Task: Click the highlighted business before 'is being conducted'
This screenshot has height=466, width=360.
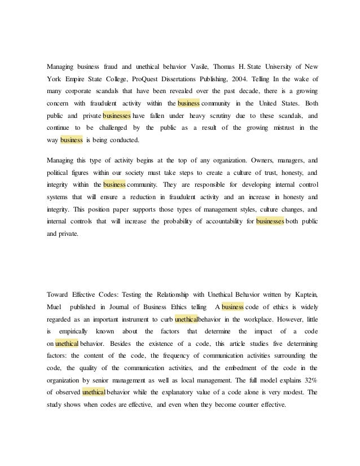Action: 72,140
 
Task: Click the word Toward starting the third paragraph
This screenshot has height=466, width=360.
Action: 58,294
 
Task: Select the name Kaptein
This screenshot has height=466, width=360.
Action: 304,294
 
